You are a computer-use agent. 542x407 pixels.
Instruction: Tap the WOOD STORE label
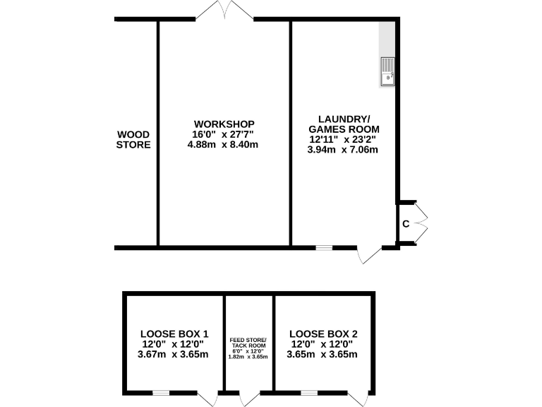(134, 140)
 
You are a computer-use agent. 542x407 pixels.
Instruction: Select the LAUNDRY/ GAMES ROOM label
(344, 124)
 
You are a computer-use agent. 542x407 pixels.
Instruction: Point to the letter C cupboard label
(406, 224)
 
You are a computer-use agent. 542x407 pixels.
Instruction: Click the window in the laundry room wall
(324, 248)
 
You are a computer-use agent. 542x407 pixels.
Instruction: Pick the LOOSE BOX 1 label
(174, 334)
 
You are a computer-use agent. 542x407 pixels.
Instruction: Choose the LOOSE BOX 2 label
(324, 334)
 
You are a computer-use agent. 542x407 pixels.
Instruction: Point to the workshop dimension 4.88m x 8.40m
(223, 145)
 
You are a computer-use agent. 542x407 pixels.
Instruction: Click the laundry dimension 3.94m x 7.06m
(344, 150)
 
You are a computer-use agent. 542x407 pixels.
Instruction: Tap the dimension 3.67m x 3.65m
(174, 354)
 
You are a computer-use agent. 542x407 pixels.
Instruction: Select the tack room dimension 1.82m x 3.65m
(248, 357)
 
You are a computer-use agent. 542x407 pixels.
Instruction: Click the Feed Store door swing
(250, 399)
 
